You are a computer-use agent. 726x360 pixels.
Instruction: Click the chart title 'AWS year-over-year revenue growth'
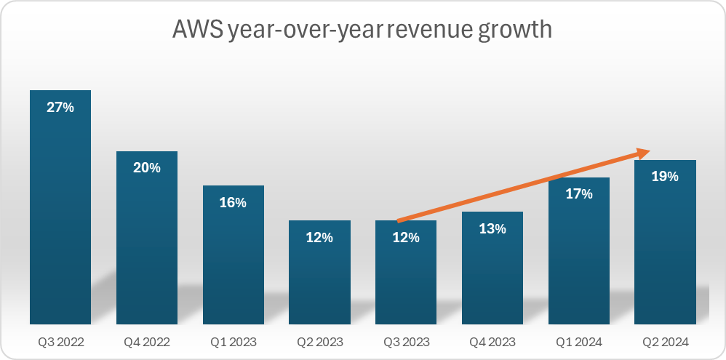coord(362,30)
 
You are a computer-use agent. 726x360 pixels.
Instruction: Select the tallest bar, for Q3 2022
coord(60,218)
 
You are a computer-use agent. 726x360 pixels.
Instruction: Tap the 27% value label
coord(60,107)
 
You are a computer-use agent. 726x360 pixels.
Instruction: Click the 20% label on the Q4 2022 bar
coord(146,167)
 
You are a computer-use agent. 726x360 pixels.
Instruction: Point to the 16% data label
coord(233,202)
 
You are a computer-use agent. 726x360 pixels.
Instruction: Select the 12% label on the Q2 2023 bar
coord(319,237)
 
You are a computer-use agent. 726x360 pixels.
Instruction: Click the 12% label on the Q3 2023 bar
coord(406,237)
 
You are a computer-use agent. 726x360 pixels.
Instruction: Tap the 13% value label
coord(492,228)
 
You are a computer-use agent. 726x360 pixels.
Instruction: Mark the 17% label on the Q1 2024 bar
coord(579,194)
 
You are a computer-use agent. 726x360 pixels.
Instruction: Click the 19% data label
coord(665,176)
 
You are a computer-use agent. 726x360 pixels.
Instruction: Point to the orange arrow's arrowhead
coord(643,152)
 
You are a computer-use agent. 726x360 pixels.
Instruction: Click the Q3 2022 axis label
coord(60,341)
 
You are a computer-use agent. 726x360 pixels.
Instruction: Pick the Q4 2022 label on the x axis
coord(146,341)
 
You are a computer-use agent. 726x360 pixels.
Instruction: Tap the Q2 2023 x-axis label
coord(319,341)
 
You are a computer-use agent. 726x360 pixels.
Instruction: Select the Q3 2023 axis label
coord(406,341)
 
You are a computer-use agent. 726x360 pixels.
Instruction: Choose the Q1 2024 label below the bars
coord(579,341)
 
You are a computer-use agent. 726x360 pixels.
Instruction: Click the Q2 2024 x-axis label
coord(665,341)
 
